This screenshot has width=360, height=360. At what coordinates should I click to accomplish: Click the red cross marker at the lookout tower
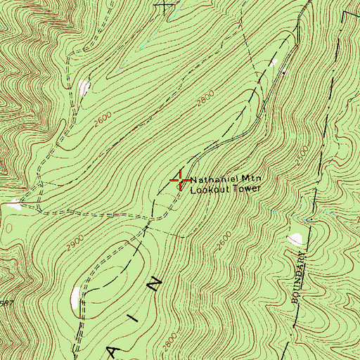point(180,181)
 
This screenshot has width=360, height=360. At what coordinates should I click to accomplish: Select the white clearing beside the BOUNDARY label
point(295,238)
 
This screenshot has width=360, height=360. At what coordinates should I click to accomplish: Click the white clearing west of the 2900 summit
point(75,297)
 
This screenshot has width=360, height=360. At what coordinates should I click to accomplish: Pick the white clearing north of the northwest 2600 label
point(84,87)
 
